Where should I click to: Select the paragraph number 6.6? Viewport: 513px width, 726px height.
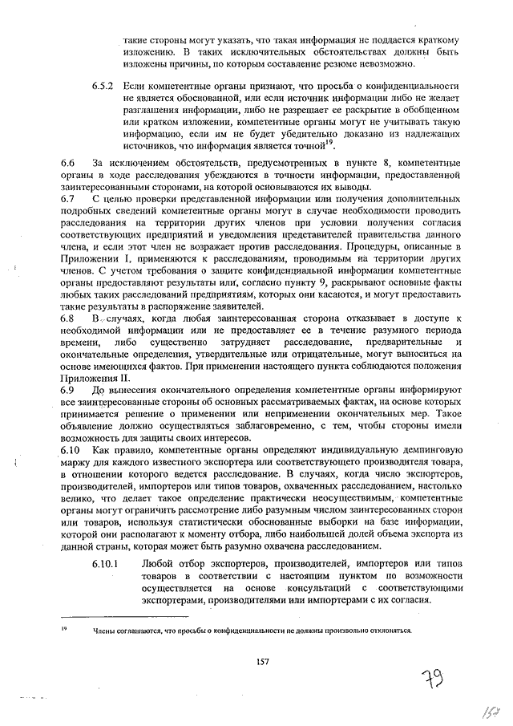(67, 163)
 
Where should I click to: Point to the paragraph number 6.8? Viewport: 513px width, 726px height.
(67, 318)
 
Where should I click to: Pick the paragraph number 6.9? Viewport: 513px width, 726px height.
(67, 389)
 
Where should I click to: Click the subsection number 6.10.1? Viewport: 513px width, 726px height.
(106, 563)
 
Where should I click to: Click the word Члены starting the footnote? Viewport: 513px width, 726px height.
(105, 631)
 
